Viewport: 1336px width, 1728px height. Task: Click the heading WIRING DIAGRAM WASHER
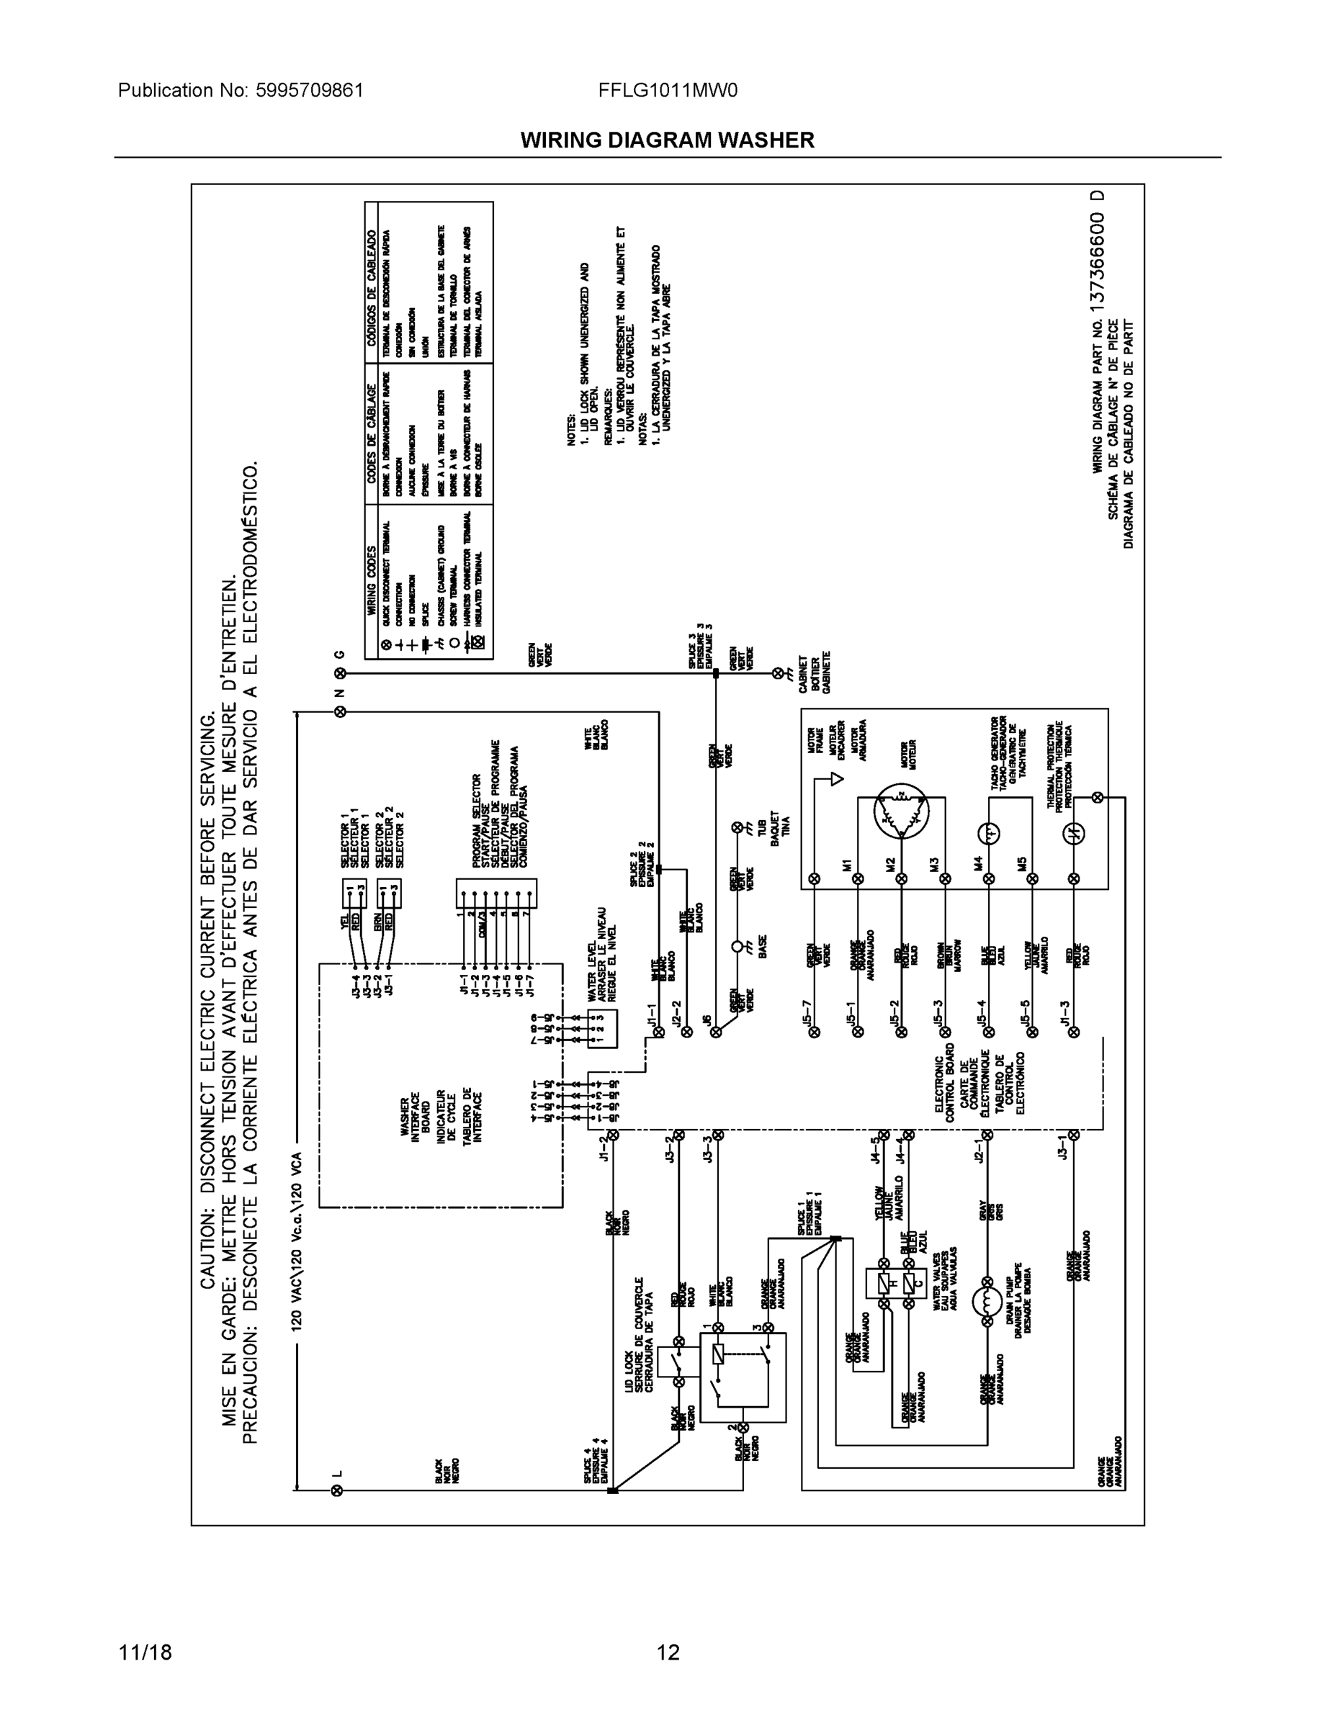[667, 140]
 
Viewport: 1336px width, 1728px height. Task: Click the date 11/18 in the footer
[145, 1652]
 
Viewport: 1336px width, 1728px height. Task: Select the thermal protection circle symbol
[1074, 833]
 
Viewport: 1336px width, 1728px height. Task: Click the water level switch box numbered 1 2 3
[602, 1029]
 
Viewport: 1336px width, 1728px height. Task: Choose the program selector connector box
[496, 894]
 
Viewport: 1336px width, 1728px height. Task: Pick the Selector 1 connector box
[354, 894]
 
